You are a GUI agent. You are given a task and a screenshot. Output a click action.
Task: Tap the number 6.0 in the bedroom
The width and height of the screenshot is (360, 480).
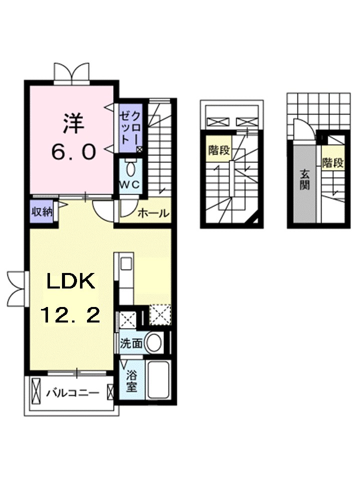pyautogui.click(x=73, y=152)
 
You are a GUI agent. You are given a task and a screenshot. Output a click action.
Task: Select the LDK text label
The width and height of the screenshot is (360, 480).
pyautogui.click(x=71, y=283)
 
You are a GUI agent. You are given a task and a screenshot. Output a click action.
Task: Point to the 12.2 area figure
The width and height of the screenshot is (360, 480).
pyautogui.click(x=70, y=315)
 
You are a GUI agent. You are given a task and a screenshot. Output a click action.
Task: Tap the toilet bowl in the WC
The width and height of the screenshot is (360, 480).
pyautogui.click(x=131, y=167)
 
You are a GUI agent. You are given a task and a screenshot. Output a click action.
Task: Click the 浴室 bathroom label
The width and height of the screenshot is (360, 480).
pyautogui.click(x=131, y=381)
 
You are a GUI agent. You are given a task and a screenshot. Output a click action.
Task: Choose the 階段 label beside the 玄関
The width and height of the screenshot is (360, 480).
pyautogui.click(x=332, y=162)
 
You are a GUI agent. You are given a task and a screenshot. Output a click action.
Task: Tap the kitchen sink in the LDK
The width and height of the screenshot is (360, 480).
pyautogui.click(x=125, y=263)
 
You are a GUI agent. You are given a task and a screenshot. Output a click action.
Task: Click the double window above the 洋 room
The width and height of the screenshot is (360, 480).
pyautogui.click(x=73, y=73)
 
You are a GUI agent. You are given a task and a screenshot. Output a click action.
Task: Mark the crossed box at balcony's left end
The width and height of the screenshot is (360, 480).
pyautogui.click(x=36, y=392)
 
